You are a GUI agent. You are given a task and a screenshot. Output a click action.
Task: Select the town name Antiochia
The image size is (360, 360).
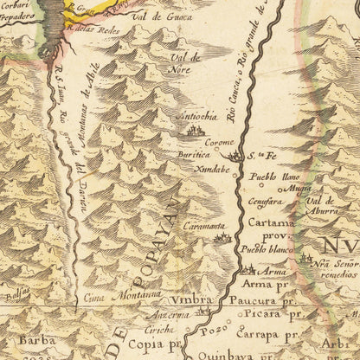197,118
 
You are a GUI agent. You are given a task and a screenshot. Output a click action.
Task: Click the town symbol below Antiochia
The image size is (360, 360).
193,132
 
